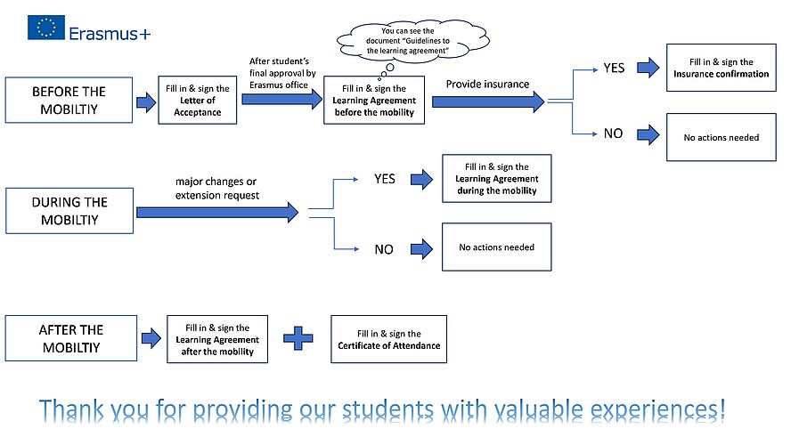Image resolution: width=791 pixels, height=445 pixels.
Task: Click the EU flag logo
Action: click(46, 28)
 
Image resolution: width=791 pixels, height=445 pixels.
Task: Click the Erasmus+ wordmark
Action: click(109, 33)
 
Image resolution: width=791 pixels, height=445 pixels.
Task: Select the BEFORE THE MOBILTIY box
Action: click(69, 99)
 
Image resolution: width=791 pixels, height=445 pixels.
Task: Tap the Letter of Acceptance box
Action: click(198, 101)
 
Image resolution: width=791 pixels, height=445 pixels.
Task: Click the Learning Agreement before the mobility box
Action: click(374, 101)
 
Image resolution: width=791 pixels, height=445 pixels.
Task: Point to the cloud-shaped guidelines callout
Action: click(401, 42)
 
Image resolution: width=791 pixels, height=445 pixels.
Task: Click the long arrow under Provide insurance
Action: click(488, 101)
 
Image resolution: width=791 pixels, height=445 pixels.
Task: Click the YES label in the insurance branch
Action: click(614, 68)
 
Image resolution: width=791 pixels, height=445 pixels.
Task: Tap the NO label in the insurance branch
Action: click(613, 134)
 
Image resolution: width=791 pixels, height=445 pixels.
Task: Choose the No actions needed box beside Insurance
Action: click(721, 137)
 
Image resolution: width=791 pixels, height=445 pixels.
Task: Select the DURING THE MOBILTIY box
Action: click(69, 210)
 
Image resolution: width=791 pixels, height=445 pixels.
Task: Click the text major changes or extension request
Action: click(217, 188)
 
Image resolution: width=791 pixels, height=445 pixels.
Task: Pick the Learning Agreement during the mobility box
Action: click(496, 179)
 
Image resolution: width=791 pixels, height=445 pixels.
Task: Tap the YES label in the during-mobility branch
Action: click(384, 179)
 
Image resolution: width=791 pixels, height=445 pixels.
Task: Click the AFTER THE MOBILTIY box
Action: click(71, 338)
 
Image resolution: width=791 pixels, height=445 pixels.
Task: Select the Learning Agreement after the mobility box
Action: click(217, 339)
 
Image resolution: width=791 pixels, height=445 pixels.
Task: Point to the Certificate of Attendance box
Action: click(388, 339)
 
